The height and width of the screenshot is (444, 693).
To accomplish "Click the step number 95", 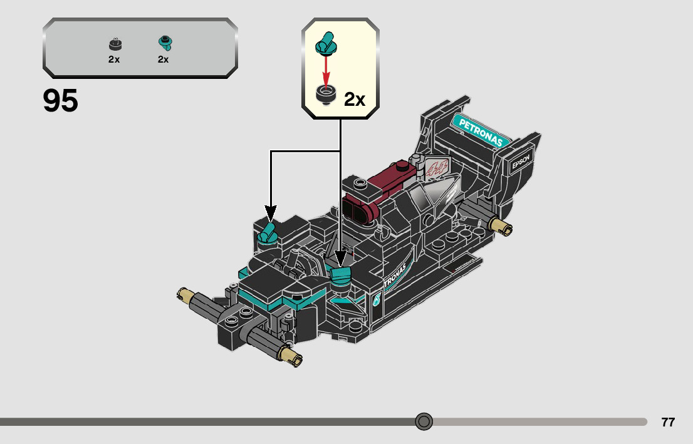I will pos(60,101).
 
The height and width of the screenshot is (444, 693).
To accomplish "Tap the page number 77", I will pos(668,422).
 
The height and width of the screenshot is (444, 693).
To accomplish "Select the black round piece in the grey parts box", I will pos(115,44).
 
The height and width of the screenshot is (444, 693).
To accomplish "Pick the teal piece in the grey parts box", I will pos(165,43).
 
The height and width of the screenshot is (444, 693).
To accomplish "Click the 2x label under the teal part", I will pos(163,59).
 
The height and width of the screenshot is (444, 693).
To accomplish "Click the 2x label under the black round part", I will pos(113,59).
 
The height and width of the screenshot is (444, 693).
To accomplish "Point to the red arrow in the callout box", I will pos(326,69).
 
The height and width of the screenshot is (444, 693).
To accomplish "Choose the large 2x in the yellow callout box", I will pos(355,99).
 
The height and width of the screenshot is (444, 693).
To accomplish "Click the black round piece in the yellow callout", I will pos(326,95).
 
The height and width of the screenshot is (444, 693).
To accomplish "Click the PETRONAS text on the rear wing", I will pos(481,132).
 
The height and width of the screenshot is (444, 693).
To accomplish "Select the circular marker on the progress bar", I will pos(424,421).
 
